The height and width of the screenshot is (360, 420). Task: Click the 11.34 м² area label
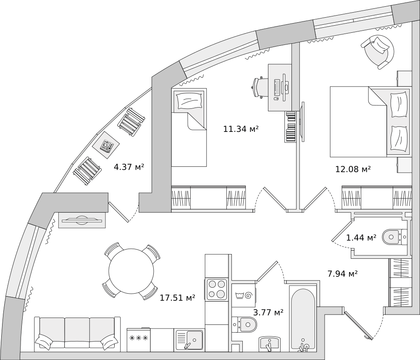coord(241,129)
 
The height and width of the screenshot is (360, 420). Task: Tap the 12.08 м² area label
coord(353,169)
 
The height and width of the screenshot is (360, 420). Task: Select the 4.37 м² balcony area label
coord(129,167)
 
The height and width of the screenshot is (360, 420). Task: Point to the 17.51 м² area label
coord(177,298)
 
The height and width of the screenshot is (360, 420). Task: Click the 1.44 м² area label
coord(361,238)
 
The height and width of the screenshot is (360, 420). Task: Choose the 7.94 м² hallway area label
coord(342,274)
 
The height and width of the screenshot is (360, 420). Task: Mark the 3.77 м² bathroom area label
coord(268,312)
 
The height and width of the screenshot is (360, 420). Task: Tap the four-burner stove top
coord(216,289)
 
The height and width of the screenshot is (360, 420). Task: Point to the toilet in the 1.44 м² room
coord(394,237)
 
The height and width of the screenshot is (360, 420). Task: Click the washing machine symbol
coord(244,295)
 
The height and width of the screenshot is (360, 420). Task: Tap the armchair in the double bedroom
coord(378,50)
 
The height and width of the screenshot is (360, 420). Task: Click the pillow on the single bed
coord(189,101)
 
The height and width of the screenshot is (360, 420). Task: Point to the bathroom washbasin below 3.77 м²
coord(269,344)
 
